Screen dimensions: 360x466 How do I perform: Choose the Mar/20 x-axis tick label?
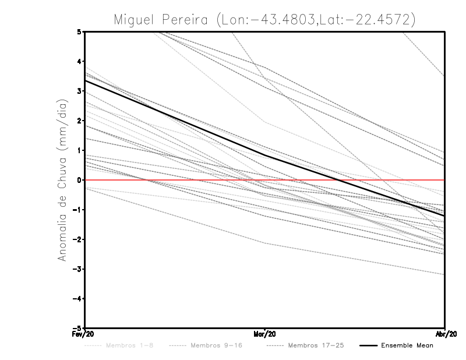(265, 334)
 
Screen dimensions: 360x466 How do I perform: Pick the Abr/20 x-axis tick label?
(445, 334)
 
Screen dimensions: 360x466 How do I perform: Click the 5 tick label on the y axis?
(79, 31)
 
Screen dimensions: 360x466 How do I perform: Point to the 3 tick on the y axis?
(79, 91)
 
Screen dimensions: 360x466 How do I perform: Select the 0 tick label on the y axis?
(79, 180)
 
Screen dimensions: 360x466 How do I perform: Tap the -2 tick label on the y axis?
(77, 239)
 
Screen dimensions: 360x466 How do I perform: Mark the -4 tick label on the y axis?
(77, 299)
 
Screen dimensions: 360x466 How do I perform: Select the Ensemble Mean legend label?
(407, 345)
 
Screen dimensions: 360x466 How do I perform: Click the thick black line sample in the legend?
(365, 345)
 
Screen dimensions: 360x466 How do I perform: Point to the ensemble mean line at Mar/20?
(265, 155)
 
